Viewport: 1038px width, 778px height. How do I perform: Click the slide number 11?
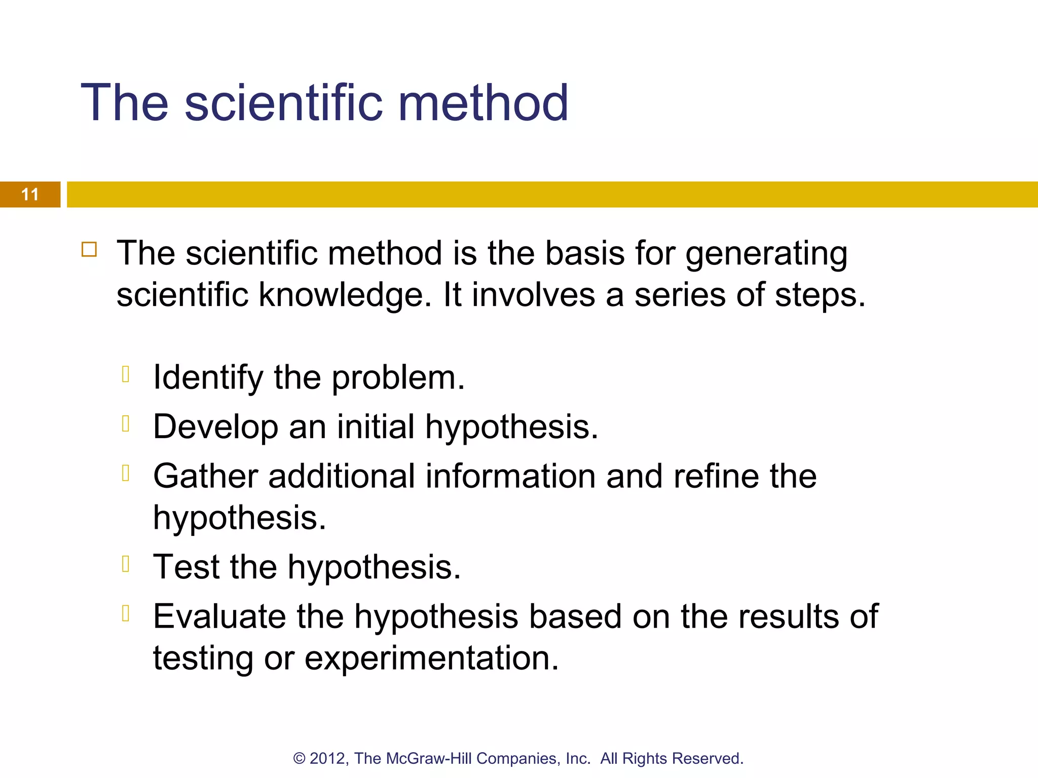click(30, 194)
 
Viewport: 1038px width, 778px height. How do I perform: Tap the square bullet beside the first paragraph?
click(89, 250)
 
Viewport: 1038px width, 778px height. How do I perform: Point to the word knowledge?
click(345, 295)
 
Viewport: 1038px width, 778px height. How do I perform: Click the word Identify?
click(208, 378)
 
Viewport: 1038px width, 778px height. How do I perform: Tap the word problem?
click(398, 378)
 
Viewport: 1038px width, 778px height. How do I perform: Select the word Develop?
click(215, 426)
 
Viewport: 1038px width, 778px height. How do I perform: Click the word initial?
click(376, 426)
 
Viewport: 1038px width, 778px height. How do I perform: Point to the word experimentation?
click(431, 658)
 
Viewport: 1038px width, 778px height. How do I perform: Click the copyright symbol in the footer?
click(299, 759)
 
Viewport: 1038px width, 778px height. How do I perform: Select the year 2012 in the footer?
click(327, 759)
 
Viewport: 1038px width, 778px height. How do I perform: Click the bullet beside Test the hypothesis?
click(126, 563)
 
